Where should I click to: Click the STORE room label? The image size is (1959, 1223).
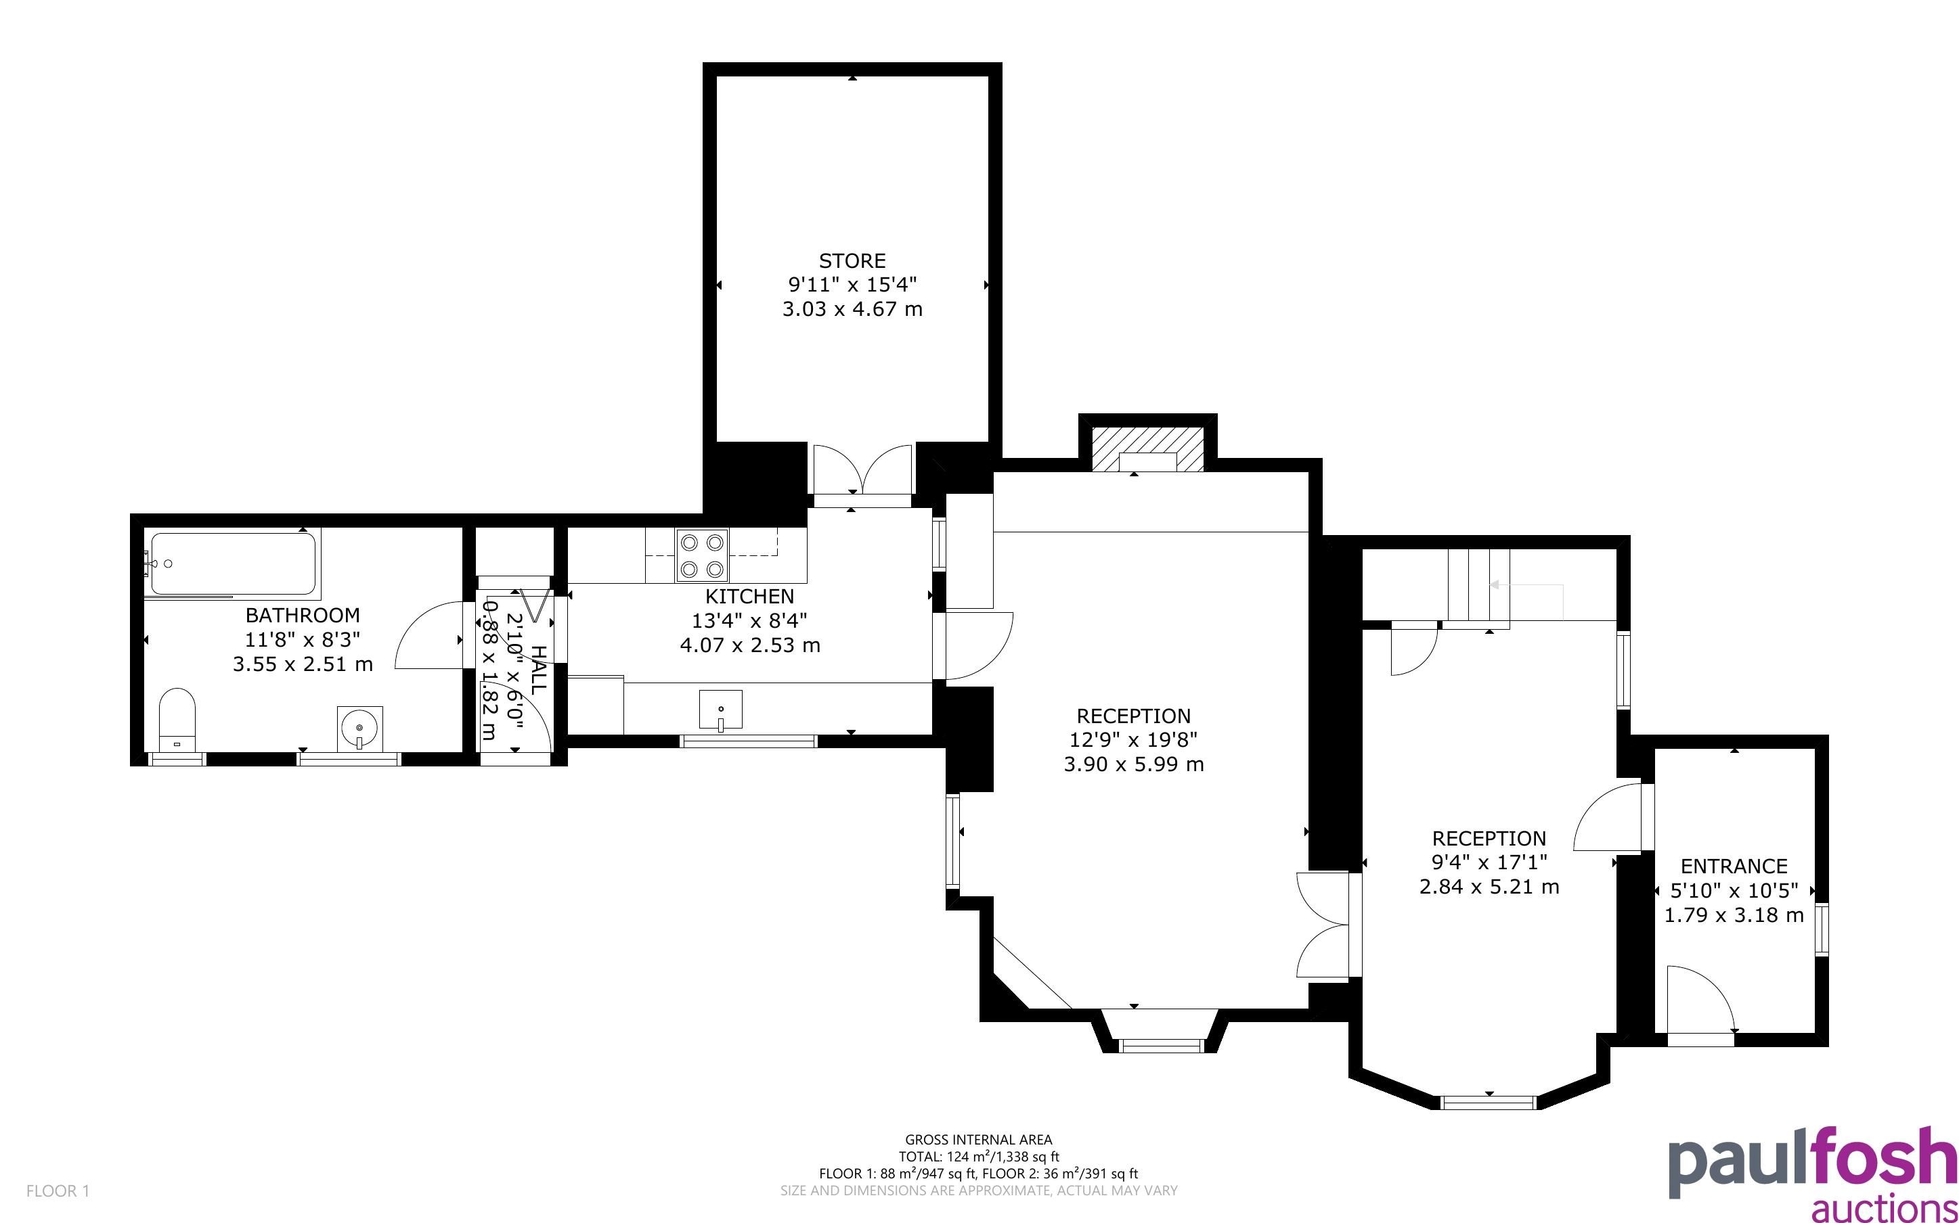852,260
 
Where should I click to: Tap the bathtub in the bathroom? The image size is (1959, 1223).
233,563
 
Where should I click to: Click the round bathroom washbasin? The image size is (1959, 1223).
359,727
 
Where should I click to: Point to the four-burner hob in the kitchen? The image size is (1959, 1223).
701,555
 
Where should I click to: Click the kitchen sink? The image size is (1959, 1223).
720,711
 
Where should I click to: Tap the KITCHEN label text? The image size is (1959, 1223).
749,597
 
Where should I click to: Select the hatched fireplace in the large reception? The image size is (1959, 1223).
1147,450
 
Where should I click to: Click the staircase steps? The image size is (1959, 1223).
1478,588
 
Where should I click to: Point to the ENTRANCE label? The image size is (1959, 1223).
1734,867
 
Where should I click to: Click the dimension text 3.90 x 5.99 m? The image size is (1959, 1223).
1134,764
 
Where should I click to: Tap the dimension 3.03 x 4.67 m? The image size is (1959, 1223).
852,309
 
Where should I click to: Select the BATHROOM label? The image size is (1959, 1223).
303,615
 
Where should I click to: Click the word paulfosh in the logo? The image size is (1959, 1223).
1813,1164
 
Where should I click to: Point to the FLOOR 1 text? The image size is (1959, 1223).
58,1191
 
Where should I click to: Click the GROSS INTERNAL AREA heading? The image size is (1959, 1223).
978,1140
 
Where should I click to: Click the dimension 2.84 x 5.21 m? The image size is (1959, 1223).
1489,887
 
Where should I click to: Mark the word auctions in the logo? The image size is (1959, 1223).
1884,1207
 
